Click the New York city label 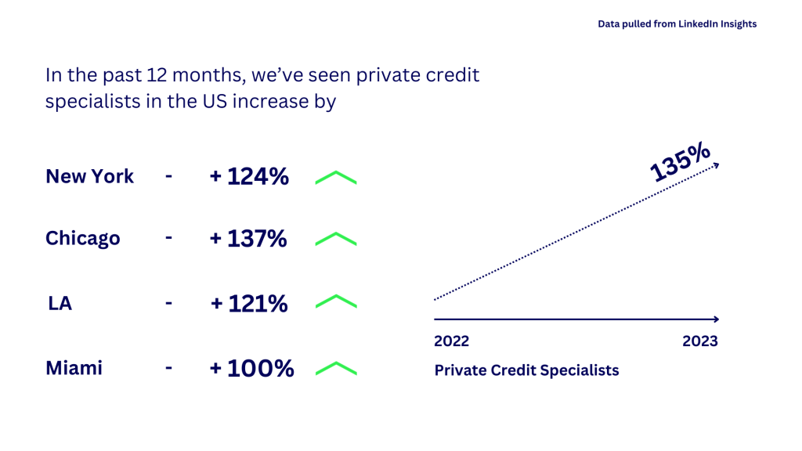[89, 176]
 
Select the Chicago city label [83, 239]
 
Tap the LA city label [60, 303]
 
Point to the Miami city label [74, 368]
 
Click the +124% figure [249, 176]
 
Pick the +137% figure [248, 239]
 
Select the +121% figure [249, 304]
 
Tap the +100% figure [251, 368]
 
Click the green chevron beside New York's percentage [336, 172]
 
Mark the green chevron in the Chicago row [336, 234]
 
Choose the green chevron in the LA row [336, 297]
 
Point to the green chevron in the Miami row [336, 363]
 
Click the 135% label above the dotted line [681, 162]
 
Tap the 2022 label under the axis [452, 341]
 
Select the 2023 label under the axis [700, 341]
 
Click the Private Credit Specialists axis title [527, 370]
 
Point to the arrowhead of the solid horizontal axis [717, 319]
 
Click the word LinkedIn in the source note [697, 24]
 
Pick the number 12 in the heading [157, 75]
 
